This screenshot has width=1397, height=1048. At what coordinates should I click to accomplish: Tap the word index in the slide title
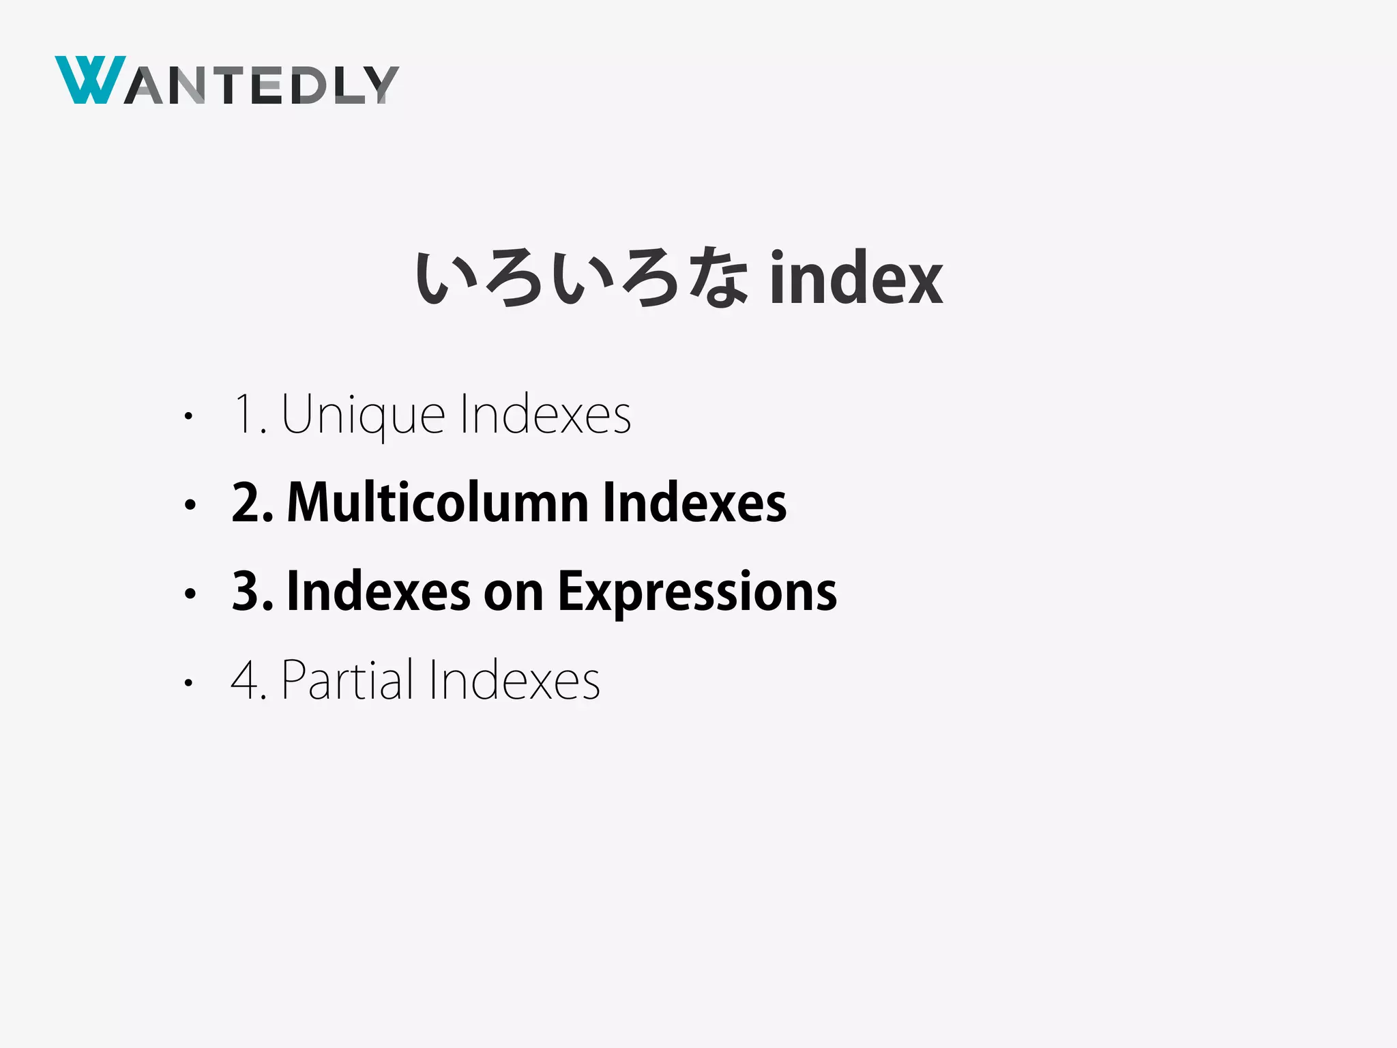(856, 278)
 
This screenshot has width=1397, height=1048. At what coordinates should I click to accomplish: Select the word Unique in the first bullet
(363, 415)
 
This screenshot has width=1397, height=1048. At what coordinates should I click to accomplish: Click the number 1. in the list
(249, 415)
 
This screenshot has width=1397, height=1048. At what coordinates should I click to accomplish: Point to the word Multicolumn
(437, 503)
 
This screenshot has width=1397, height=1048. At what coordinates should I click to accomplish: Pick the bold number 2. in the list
(252, 503)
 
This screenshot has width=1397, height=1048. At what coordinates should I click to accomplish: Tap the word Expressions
(697, 592)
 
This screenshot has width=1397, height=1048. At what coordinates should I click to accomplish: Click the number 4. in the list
(248, 680)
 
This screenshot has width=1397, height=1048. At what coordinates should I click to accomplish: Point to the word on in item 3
(513, 592)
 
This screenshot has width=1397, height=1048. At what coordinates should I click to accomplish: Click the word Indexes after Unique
(545, 415)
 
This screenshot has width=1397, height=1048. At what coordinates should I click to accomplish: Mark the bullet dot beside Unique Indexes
(190, 416)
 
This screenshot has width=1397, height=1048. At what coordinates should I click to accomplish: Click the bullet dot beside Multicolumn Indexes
(190, 505)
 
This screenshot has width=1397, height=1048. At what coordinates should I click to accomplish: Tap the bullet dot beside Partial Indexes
(190, 682)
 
